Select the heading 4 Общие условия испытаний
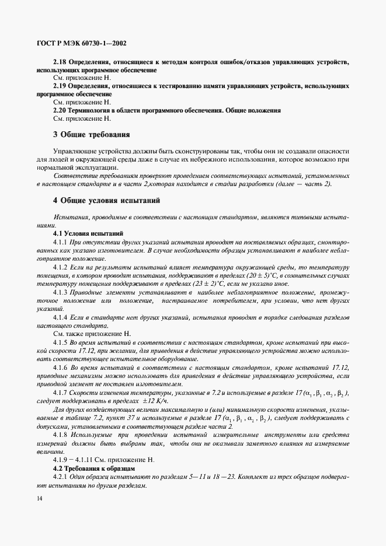[x=106, y=201]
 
